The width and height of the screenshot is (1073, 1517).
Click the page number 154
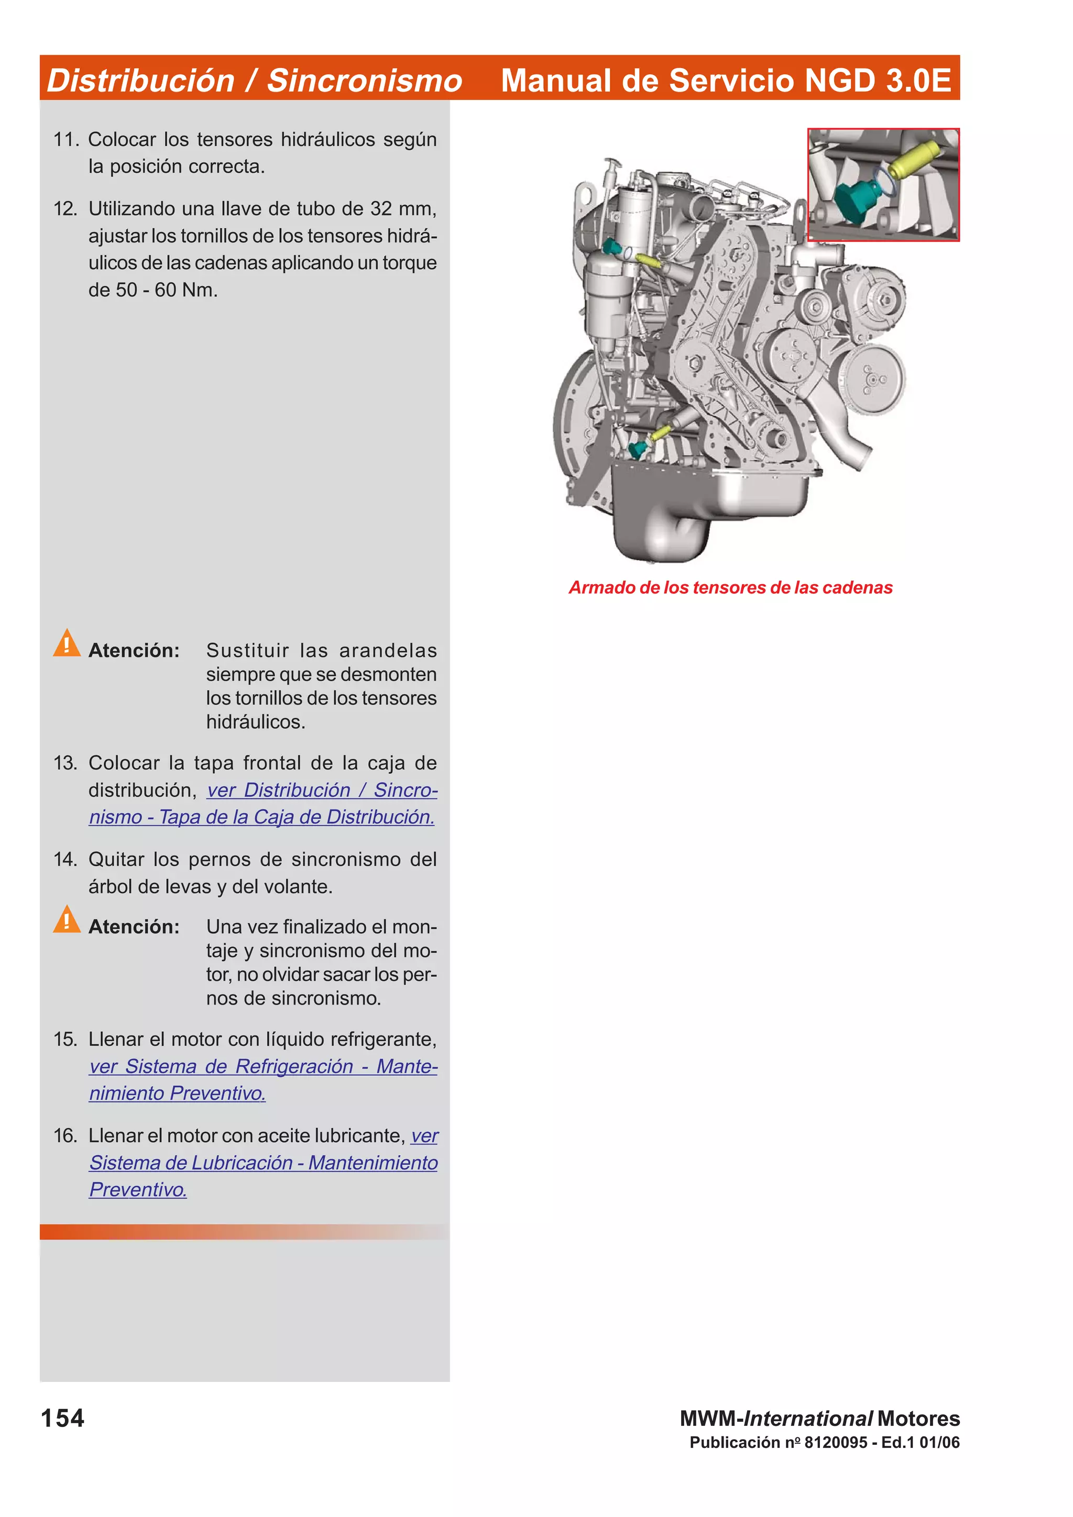tap(63, 1418)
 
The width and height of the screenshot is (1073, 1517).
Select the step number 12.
tap(65, 209)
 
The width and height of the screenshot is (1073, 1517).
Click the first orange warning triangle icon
tap(67, 643)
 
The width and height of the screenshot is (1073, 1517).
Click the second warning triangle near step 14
tap(67, 919)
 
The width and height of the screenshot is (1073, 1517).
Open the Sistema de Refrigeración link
tap(239, 1066)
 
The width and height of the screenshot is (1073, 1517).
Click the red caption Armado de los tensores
tap(730, 587)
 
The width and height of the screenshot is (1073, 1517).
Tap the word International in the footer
tap(808, 1419)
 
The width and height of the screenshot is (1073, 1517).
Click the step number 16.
tap(65, 1136)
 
